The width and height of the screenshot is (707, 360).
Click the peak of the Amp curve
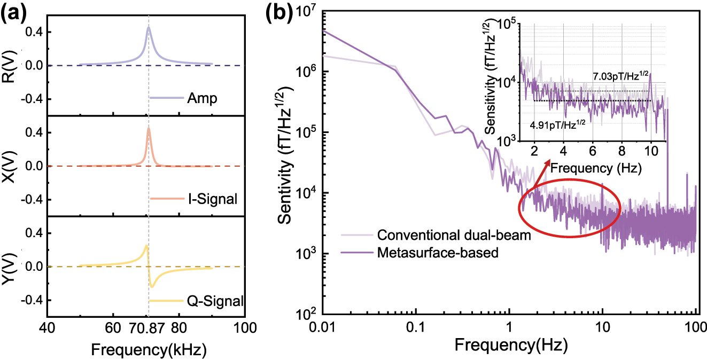[149, 27]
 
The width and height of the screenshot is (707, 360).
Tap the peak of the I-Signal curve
[149, 128]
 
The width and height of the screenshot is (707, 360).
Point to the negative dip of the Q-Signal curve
[152, 286]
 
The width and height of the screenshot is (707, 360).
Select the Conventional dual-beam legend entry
[454, 235]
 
